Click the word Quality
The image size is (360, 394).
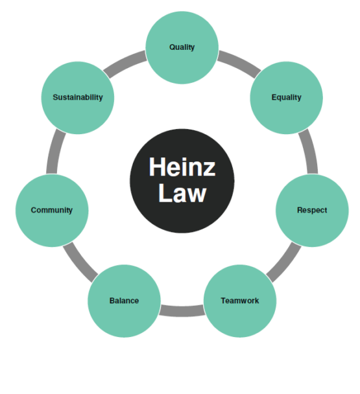(x=182, y=47)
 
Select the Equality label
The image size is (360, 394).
(x=286, y=97)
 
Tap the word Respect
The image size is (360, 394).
(x=312, y=211)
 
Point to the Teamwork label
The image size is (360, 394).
(x=240, y=301)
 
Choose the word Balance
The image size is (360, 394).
(x=124, y=301)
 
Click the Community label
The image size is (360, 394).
(x=52, y=210)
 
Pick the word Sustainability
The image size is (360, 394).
(x=78, y=97)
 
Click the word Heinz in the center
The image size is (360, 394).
(x=182, y=167)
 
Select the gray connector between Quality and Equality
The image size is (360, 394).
(x=239, y=64)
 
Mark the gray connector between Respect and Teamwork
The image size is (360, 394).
(x=285, y=262)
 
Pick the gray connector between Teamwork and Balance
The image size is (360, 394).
(x=182, y=310)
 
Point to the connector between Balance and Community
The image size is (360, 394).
(x=80, y=262)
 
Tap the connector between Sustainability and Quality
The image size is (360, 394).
(x=125, y=64)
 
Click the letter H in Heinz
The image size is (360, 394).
(x=157, y=167)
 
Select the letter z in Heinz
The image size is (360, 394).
(x=210, y=169)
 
